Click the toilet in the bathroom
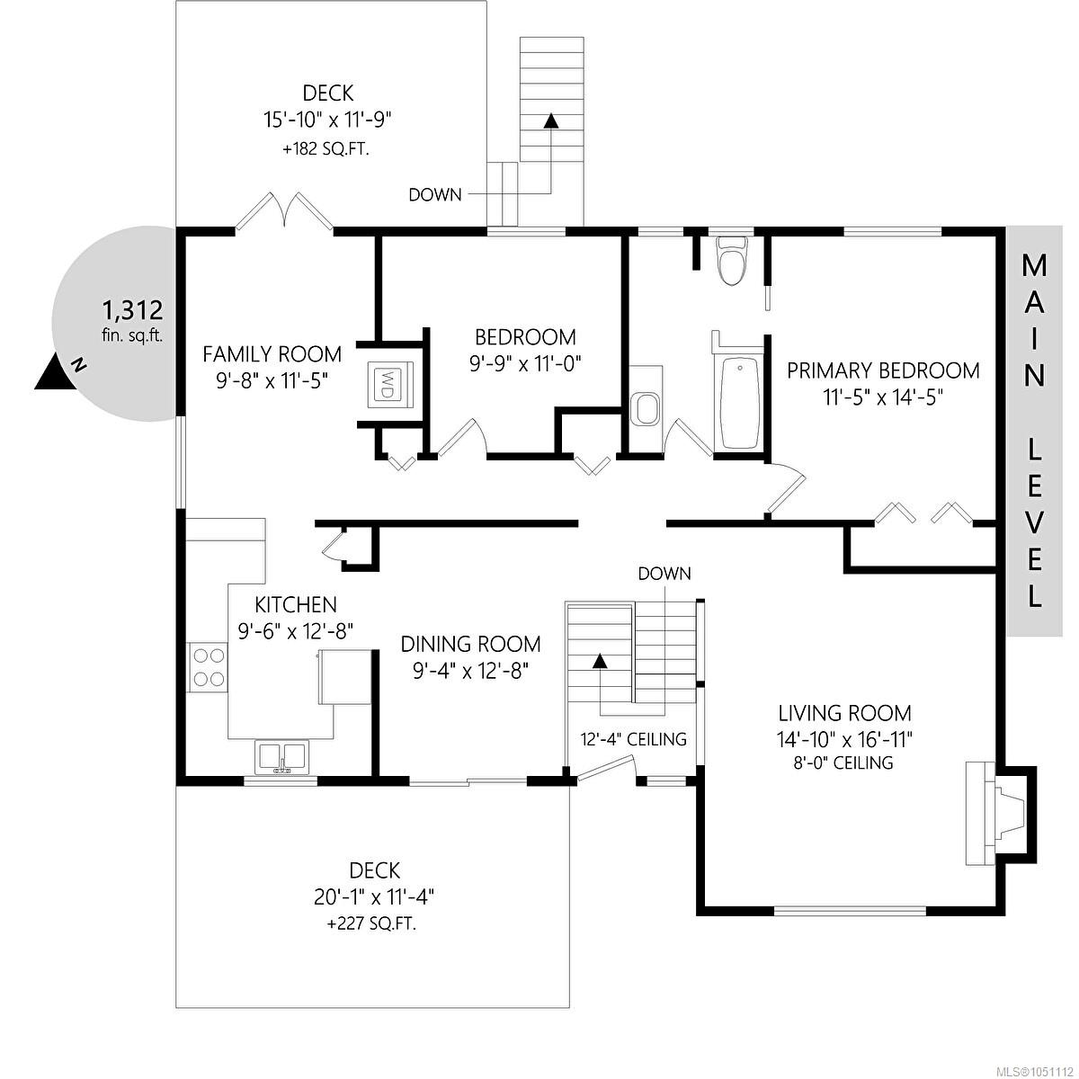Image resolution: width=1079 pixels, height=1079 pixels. click(x=733, y=262)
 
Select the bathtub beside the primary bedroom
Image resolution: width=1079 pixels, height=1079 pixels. click(x=740, y=402)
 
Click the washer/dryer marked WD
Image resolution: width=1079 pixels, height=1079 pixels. click(x=389, y=384)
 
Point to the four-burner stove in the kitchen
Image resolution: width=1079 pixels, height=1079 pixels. click(x=209, y=667)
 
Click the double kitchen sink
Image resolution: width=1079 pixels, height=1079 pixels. click(x=281, y=756)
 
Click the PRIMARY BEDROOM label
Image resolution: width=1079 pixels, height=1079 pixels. click(x=883, y=370)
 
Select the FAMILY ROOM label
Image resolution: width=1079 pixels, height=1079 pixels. click(x=272, y=354)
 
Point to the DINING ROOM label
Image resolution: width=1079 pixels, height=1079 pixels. click(x=470, y=644)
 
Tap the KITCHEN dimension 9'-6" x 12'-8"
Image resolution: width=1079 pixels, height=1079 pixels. click(x=296, y=631)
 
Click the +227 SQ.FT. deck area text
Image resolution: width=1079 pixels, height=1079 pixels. click(x=371, y=924)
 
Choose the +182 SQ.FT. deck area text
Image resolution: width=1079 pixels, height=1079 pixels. click(x=326, y=149)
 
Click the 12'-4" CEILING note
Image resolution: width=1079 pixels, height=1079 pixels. click(x=633, y=739)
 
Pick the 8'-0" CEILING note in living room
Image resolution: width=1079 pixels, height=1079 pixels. click(x=843, y=762)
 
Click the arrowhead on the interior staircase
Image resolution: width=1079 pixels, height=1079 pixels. click(x=600, y=661)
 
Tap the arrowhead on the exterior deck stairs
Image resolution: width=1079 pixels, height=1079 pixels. click(x=551, y=120)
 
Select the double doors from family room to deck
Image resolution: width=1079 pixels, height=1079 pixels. click(x=284, y=211)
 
